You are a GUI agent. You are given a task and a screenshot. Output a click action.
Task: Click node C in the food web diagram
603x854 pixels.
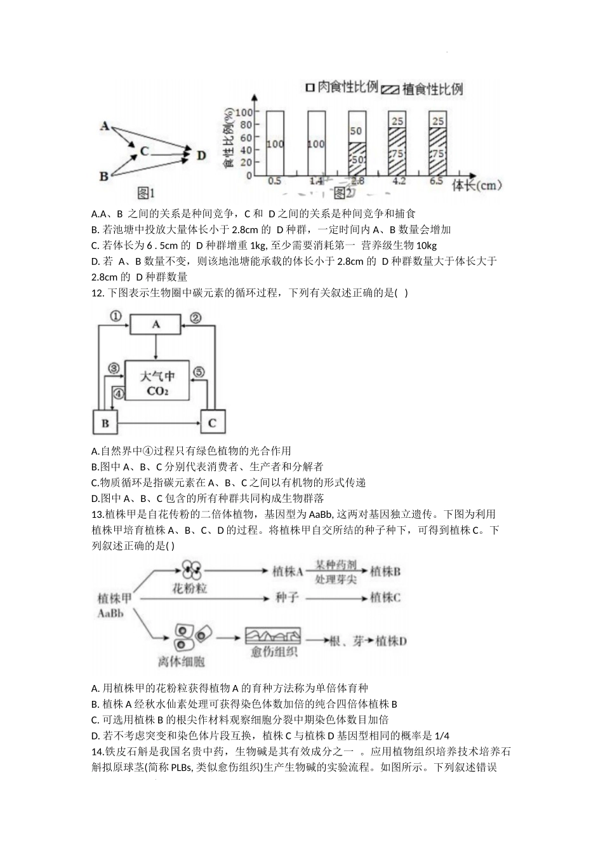coord(145,151)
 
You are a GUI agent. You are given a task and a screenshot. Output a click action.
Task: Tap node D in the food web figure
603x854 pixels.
coord(201,154)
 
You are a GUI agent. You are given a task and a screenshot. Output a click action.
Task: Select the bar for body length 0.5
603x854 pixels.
coord(275,143)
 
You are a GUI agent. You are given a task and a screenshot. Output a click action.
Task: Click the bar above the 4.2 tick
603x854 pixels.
coord(397,143)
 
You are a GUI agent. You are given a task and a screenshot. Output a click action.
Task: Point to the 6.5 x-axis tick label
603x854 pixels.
coord(436,181)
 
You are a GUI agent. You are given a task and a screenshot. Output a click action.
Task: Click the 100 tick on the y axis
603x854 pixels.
coord(243,113)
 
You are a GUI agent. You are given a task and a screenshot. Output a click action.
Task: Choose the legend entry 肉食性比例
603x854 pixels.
coord(343,87)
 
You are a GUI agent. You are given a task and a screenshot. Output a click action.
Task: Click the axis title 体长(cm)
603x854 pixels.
coord(476,186)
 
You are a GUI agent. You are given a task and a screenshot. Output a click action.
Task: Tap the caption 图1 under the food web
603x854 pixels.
coord(147,191)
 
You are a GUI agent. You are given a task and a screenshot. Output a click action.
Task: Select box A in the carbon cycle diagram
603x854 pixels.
coord(156,325)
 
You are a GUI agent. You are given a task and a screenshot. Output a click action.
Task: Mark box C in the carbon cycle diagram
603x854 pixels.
coord(212,423)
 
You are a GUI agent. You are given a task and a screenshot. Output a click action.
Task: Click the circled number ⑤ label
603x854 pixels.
coord(199,372)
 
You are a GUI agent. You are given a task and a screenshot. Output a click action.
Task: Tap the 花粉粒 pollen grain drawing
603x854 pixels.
coord(190,570)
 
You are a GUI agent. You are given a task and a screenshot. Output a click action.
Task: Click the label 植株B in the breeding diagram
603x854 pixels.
coord(385,571)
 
